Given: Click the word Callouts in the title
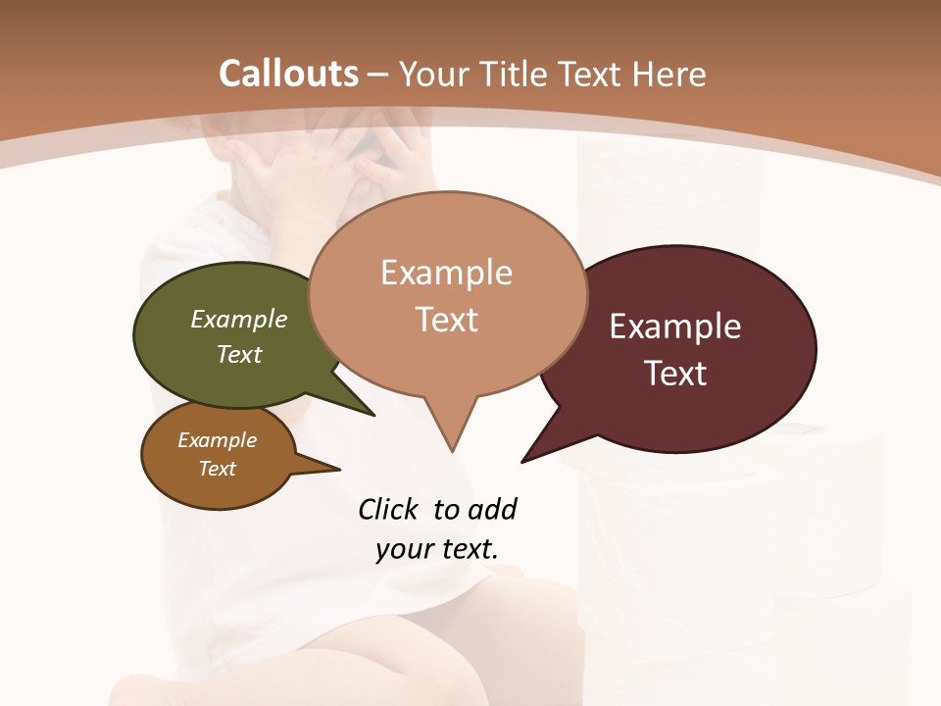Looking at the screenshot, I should point(288,74).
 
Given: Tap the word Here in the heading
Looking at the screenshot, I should point(669,74).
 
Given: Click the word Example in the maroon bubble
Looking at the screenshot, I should point(675,327).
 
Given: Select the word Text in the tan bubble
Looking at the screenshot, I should point(447,320).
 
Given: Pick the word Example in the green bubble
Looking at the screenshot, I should point(239,319).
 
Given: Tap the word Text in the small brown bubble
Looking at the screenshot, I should point(218,469).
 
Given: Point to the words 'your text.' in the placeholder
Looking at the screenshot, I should point(437,549).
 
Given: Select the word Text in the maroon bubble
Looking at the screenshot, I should point(675,374).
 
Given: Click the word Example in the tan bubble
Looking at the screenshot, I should point(447,273).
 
